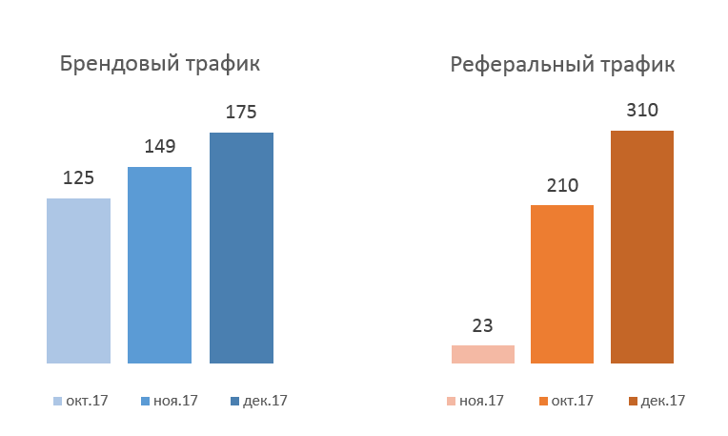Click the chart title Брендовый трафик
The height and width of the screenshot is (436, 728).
(160, 65)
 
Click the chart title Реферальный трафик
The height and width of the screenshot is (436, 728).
(562, 65)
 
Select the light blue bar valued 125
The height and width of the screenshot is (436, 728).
(78, 280)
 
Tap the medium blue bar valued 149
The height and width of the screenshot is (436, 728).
(159, 265)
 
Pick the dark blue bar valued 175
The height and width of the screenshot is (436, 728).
(241, 248)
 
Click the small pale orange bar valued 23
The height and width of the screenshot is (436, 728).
(483, 354)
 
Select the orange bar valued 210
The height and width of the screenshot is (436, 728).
(562, 284)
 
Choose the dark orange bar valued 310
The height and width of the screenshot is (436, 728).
(642, 246)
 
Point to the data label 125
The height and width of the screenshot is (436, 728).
(78, 177)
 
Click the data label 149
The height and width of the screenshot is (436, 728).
(159, 146)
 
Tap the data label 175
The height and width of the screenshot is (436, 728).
(241, 112)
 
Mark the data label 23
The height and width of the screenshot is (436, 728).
(483, 325)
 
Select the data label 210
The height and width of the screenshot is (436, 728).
(562, 185)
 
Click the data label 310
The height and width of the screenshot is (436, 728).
(642, 110)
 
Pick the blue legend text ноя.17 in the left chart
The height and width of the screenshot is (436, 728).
(175, 401)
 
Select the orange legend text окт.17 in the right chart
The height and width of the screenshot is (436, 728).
(572, 401)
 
